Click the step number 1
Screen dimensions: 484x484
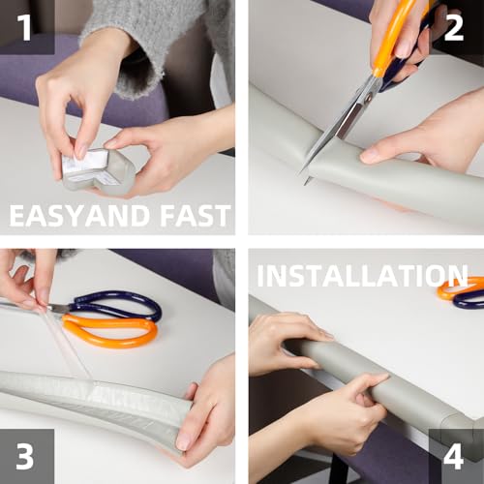(24, 27)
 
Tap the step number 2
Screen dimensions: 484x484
(454, 28)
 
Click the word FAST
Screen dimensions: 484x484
(196, 216)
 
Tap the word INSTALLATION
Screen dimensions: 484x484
(362, 276)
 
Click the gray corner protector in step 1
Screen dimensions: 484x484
(99, 172)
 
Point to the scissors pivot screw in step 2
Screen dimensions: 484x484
(368, 98)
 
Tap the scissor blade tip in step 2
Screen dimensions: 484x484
(305, 183)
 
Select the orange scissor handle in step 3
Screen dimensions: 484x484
(109, 332)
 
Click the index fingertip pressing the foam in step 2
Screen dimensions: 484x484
(367, 157)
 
